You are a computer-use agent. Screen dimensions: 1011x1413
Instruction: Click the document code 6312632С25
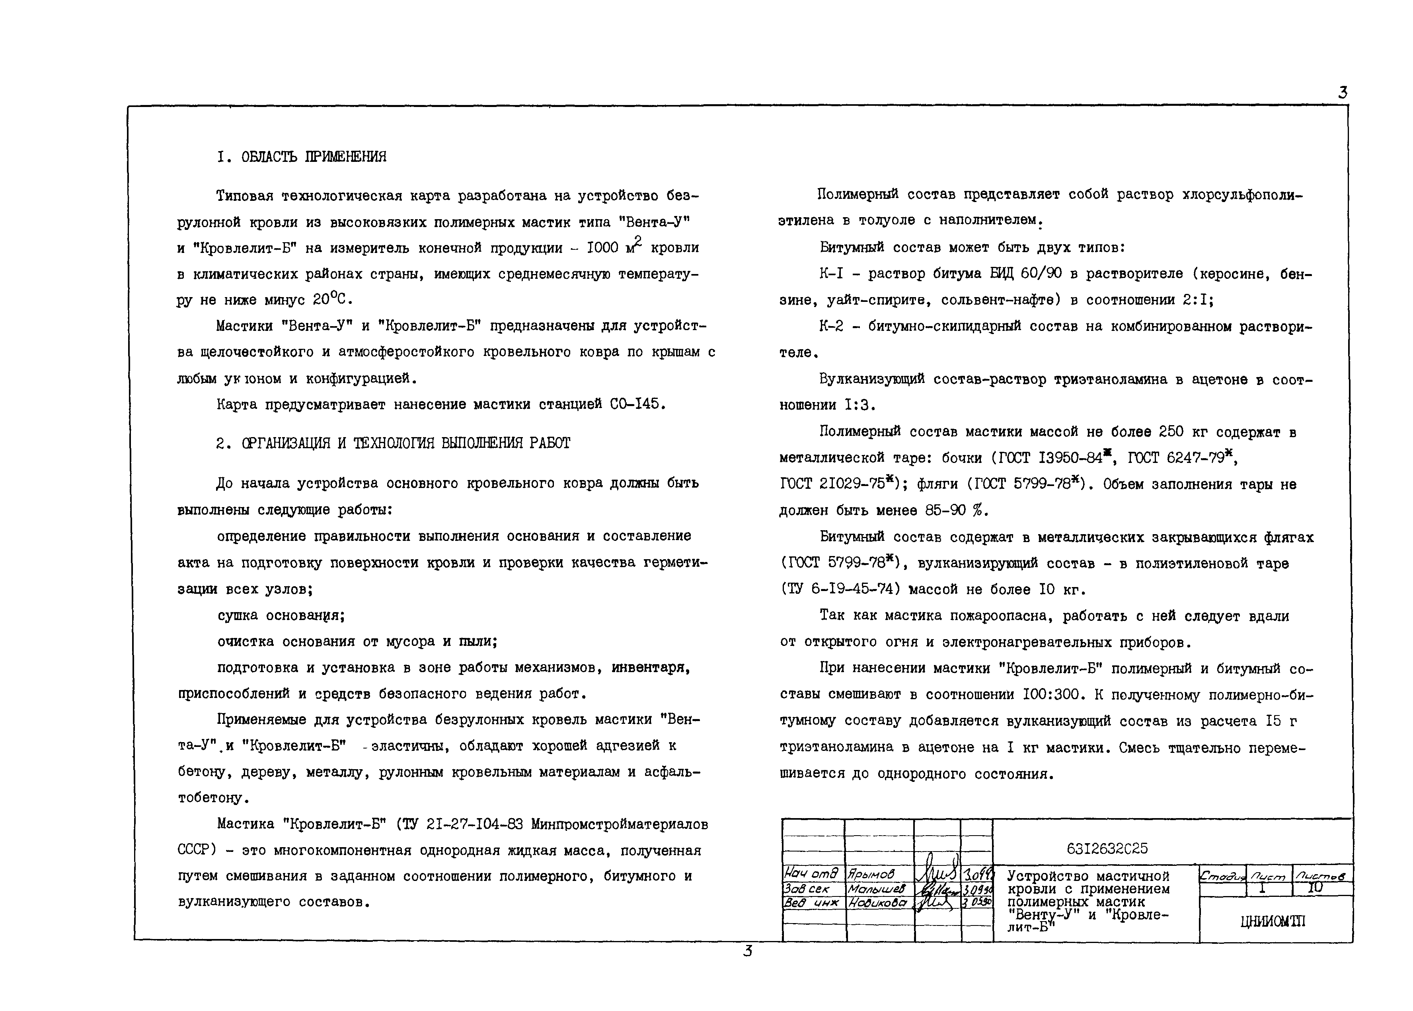1107,848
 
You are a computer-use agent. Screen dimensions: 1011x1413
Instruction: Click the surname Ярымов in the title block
871,875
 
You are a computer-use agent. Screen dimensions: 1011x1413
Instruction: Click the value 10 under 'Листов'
1315,889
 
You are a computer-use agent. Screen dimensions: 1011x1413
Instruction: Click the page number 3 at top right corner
1342,93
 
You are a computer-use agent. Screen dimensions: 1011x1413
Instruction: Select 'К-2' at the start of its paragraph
831,326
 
